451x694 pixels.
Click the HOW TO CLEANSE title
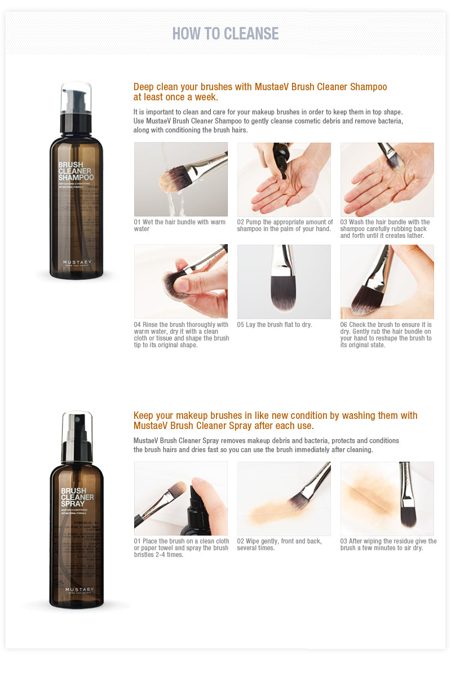pyautogui.click(x=225, y=34)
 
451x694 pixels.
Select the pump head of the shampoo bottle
pyautogui.click(x=76, y=99)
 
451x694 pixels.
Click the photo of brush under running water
pyautogui.click(x=181, y=179)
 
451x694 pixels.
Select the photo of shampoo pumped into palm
pyautogui.click(x=284, y=179)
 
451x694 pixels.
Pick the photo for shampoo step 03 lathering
pyautogui.click(x=387, y=179)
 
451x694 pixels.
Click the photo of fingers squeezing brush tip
pyautogui.click(x=181, y=281)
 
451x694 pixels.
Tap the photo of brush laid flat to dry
pyautogui.click(x=284, y=281)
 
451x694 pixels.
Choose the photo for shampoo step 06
pyautogui.click(x=387, y=281)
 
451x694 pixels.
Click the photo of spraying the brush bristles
pyautogui.click(x=181, y=498)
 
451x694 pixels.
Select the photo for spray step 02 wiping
pyautogui.click(x=284, y=498)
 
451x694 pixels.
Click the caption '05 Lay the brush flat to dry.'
pyautogui.click(x=275, y=325)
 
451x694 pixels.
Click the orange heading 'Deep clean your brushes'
pyautogui.click(x=260, y=92)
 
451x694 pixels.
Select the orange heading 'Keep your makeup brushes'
pyautogui.click(x=275, y=421)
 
